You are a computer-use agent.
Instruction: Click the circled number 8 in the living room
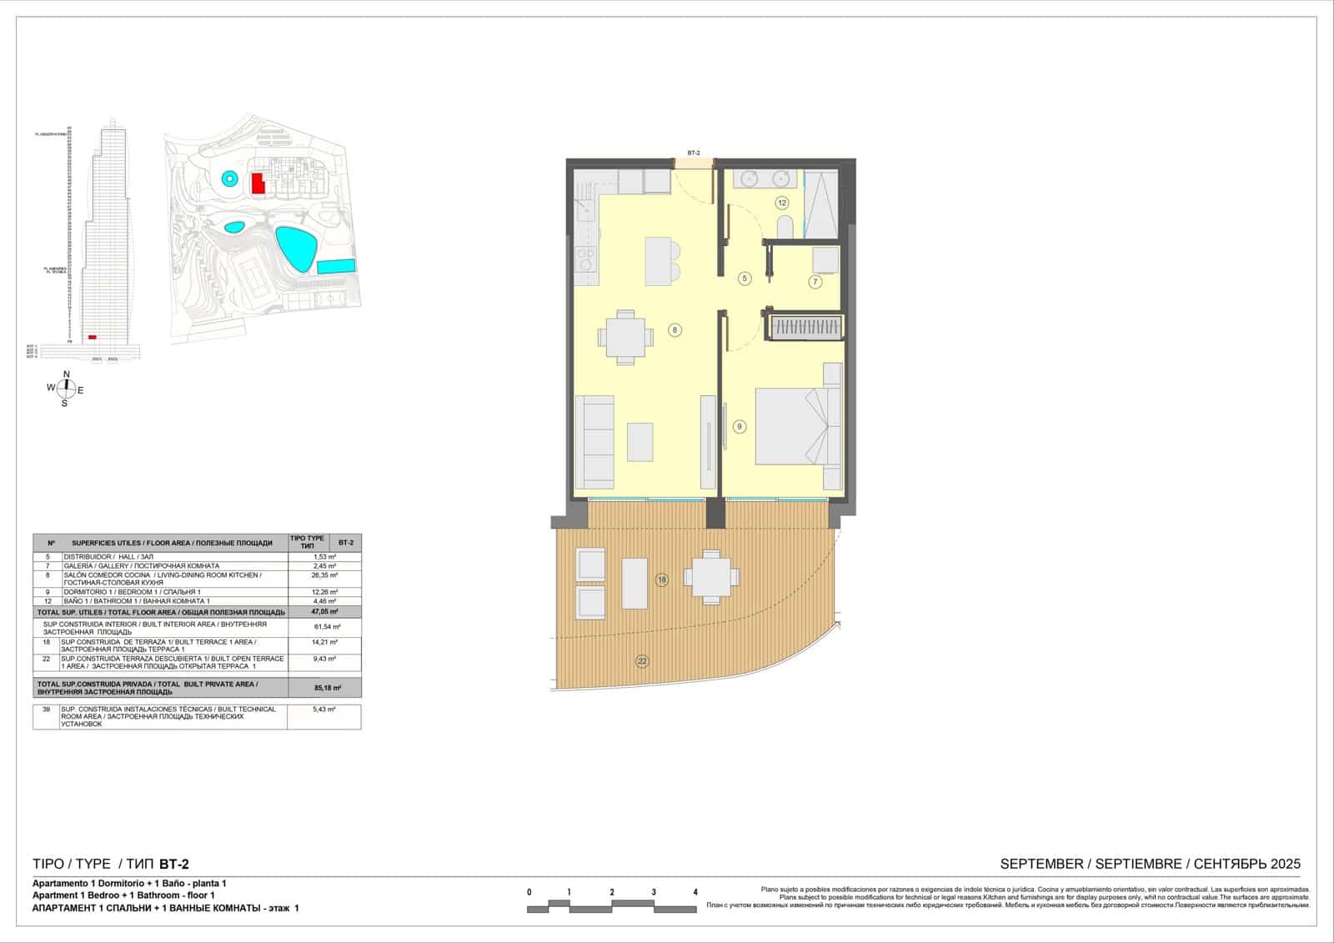[x=675, y=330]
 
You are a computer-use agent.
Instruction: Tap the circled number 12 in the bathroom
[x=781, y=203]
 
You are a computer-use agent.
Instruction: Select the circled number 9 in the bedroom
[x=739, y=426]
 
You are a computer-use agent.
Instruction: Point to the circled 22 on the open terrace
[x=642, y=661]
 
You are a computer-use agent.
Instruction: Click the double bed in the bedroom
[x=792, y=425]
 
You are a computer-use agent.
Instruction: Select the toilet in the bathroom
[x=785, y=227]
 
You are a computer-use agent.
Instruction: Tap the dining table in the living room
[x=625, y=338]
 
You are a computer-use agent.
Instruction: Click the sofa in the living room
[x=595, y=442]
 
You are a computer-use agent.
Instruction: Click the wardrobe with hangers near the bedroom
[x=805, y=327]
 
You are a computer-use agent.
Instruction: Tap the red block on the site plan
[x=258, y=183]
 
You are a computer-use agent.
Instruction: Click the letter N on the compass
[x=67, y=374]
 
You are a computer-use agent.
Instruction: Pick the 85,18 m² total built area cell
[x=324, y=688]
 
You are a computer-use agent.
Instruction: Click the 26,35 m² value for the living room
[x=324, y=575]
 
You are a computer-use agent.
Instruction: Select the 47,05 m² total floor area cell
[x=324, y=611]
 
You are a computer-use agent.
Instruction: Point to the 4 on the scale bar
[x=695, y=892]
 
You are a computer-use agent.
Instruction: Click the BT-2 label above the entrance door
[x=693, y=153]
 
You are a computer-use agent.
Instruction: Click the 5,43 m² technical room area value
[x=324, y=710]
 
